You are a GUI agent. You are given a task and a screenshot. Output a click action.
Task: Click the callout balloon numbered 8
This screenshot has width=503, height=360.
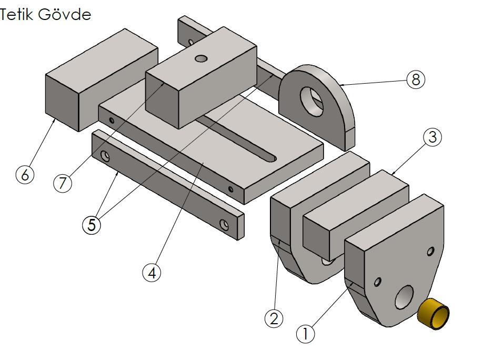(415, 80)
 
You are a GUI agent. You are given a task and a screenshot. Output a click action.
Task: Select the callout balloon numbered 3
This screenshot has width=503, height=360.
(432, 137)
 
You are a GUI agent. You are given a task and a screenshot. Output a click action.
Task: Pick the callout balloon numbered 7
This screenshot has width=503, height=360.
(62, 183)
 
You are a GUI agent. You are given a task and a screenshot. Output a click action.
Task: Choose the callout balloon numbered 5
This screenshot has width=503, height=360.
(92, 225)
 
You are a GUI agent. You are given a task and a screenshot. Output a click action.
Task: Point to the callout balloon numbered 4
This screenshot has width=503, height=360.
(152, 273)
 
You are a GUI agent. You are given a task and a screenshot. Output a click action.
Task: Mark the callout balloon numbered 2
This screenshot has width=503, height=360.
(274, 318)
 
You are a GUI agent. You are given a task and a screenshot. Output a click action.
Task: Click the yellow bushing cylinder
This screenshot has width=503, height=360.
(434, 314)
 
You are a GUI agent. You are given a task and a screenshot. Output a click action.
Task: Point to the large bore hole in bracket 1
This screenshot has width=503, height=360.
(404, 297)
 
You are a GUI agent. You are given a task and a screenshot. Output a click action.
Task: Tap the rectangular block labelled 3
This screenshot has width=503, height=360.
(358, 211)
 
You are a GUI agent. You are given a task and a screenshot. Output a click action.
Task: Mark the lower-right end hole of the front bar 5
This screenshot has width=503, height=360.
(225, 226)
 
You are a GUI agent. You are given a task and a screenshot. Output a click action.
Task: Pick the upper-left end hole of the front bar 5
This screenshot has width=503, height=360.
(106, 156)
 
